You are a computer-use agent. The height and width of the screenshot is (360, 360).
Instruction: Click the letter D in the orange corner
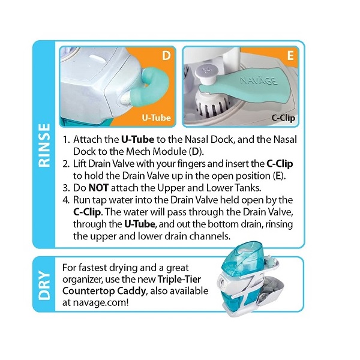(x=166, y=55)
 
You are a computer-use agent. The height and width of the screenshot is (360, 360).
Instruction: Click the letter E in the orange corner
(x=290, y=56)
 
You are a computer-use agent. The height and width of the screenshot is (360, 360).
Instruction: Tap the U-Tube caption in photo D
(x=157, y=118)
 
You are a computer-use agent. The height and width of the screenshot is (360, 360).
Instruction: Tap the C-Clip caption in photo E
(x=283, y=118)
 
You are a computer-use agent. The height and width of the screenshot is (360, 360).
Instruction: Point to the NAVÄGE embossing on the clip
(x=259, y=81)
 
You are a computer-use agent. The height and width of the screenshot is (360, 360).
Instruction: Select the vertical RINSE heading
(x=44, y=145)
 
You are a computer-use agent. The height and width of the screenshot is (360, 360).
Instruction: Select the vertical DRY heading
(x=44, y=285)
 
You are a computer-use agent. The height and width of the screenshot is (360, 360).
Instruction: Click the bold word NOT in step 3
(x=98, y=188)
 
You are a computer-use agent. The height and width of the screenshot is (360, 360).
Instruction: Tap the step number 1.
(x=66, y=140)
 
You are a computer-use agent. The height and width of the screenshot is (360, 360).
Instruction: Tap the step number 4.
(x=66, y=200)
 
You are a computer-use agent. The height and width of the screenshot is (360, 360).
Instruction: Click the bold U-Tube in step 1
(x=137, y=139)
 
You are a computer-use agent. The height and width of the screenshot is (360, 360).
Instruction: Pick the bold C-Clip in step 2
(x=280, y=164)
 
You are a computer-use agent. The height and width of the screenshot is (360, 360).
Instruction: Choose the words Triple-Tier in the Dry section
(x=179, y=279)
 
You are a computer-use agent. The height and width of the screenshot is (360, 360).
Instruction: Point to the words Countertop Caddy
(x=104, y=291)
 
